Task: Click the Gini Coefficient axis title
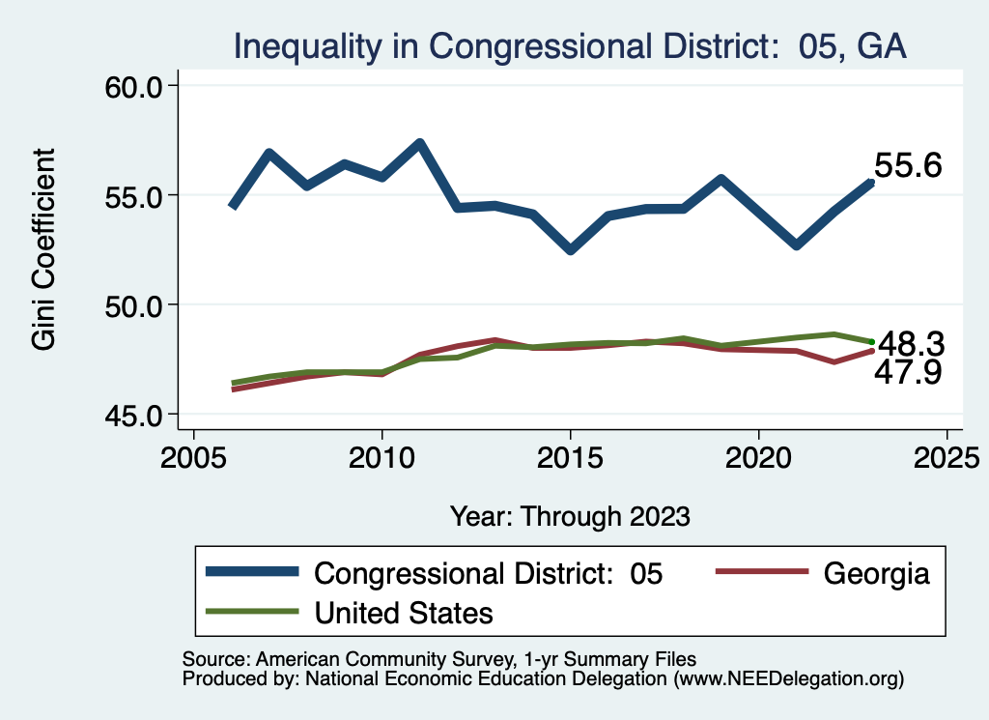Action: coord(43,249)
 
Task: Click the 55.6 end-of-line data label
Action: coord(908,166)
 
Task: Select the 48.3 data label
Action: coord(909,344)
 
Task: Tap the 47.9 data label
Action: coord(909,373)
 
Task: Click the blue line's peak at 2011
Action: coord(419,144)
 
